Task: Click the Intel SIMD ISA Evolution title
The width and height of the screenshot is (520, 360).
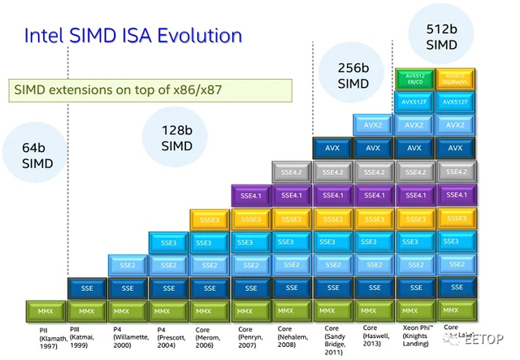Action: click(133, 35)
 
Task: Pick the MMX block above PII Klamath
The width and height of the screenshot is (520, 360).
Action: click(45, 310)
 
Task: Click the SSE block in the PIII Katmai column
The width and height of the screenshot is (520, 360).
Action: click(87, 288)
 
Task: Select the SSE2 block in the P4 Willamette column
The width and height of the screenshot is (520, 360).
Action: click(128, 265)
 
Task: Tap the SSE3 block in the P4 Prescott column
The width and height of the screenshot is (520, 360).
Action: click(168, 242)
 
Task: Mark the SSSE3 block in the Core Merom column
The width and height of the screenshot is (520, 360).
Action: click(209, 219)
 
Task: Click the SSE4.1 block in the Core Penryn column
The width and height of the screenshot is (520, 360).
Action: click(250, 196)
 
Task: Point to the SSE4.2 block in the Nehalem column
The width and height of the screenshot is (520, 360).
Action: click(291, 173)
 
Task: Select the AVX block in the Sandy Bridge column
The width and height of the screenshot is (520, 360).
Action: click(331, 150)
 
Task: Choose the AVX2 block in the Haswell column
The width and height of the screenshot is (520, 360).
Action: click(372, 127)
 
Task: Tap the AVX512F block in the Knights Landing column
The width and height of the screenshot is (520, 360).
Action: click(413, 103)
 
